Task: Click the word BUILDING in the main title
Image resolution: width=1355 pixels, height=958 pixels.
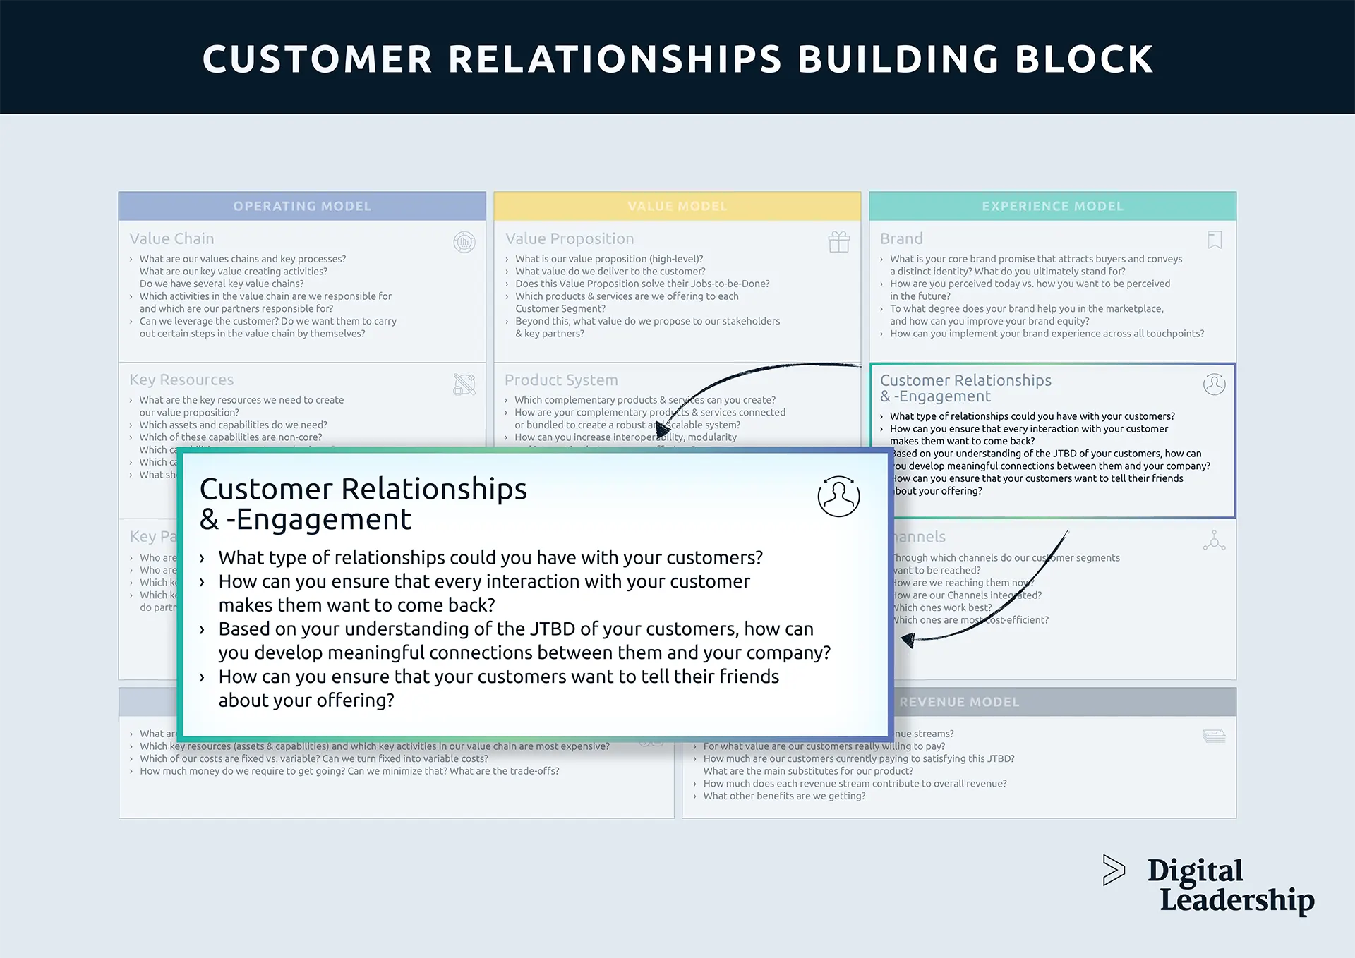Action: pyautogui.click(x=898, y=59)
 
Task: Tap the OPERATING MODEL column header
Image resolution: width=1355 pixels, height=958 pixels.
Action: pyautogui.click(x=302, y=206)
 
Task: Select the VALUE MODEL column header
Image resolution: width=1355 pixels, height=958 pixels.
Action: pyautogui.click(x=677, y=206)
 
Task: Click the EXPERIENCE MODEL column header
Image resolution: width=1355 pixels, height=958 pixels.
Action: pyautogui.click(x=1052, y=206)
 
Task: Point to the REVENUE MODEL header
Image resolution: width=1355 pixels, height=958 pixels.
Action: pyautogui.click(x=959, y=702)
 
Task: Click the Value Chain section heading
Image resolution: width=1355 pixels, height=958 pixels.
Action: pyautogui.click(x=171, y=238)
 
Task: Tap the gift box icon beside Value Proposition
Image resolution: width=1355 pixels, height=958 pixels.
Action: pyautogui.click(x=838, y=242)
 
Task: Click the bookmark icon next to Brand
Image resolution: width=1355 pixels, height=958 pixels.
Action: pyautogui.click(x=1215, y=241)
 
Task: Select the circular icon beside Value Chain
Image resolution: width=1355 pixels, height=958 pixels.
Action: pyautogui.click(x=464, y=242)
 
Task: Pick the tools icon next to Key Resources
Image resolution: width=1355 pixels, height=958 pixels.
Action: pyautogui.click(x=464, y=384)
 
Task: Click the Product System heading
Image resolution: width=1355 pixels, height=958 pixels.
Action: pyautogui.click(x=561, y=380)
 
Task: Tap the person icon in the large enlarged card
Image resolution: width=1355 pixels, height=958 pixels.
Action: pyautogui.click(x=838, y=496)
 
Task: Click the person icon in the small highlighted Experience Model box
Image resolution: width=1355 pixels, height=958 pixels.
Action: pyautogui.click(x=1214, y=384)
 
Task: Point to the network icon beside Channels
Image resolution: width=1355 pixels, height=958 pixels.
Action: pyautogui.click(x=1214, y=541)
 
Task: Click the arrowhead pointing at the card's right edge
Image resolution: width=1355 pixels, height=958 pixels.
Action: pyautogui.click(x=908, y=640)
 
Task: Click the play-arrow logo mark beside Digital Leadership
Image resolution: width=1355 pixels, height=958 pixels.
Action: pyautogui.click(x=1114, y=870)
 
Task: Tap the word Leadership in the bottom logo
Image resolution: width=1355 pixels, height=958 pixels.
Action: pyautogui.click(x=1236, y=900)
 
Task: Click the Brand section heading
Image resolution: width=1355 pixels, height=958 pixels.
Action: pyautogui.click(x=901, y=238)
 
